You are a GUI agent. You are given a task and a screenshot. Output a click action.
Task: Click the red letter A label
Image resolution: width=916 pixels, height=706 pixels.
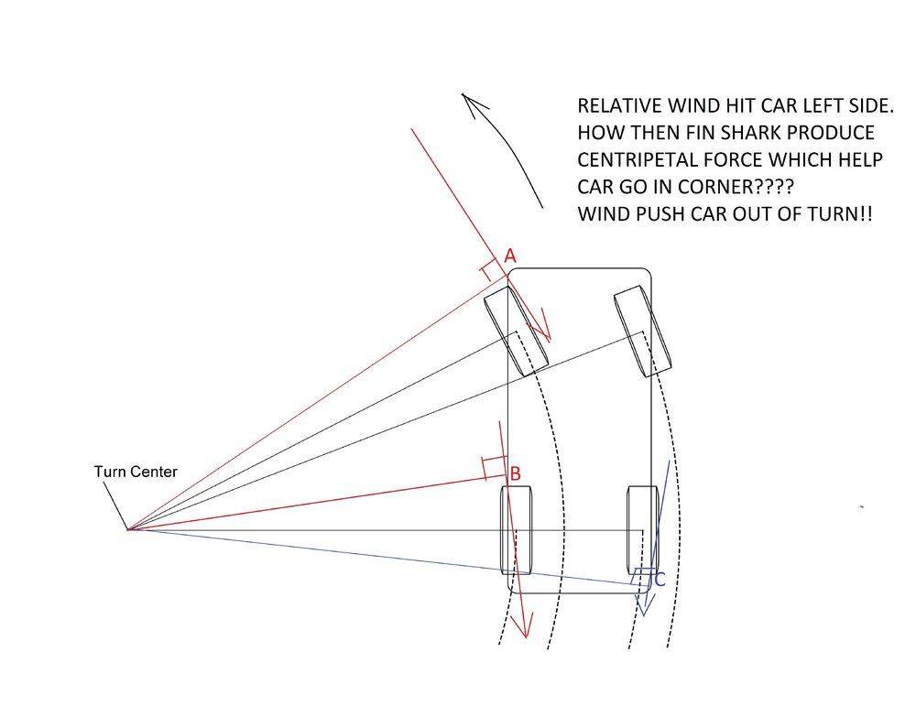(510, 255)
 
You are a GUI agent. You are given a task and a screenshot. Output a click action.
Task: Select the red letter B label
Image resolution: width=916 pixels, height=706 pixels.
(515, 473)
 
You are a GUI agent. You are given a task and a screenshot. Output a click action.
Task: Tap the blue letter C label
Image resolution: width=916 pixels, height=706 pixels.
(660, 580)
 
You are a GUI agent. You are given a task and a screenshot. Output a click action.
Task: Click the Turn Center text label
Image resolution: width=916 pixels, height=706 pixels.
(136, 472)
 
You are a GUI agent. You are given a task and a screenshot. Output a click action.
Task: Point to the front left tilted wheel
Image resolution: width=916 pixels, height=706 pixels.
(517, 331)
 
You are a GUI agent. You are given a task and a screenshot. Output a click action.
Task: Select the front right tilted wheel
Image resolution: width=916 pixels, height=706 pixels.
(643, 331)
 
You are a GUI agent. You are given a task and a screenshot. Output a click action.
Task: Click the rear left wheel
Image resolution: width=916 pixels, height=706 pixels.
(517, 530)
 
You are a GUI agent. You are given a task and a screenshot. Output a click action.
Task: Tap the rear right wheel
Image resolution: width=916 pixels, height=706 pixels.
(642, 530)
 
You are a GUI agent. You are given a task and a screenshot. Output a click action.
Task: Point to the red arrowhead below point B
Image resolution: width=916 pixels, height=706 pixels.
(524, 625)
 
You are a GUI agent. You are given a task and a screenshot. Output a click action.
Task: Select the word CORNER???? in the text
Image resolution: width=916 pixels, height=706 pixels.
(736, 186)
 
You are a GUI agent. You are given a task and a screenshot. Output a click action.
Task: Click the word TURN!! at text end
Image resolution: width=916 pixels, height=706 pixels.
(840, 213)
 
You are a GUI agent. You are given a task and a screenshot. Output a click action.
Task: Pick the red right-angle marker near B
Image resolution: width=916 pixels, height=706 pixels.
(494, 468)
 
